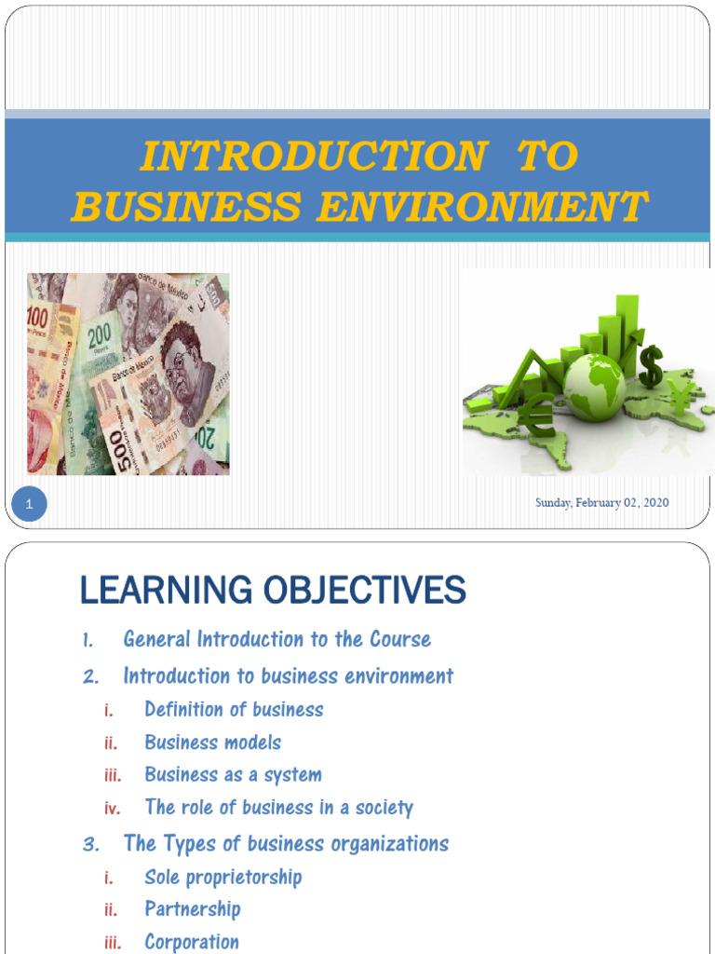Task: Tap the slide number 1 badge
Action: click(x=29, y=505)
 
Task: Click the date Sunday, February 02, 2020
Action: click(x=601, y=503)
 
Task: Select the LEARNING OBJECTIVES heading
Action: click(x=273, y=590)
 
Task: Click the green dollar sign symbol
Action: click(x=651, y=365)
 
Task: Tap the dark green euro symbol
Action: click(x=537, y=416)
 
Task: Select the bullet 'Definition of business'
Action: click(x=234, y=710)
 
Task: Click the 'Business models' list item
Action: click(x=212, y=743)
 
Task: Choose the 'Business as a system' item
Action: click(x=233, y=775)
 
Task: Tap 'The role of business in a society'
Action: click(x=278, y=808)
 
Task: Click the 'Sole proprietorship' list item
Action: click(x=223, y=877)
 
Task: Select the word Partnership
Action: click(x=192, y=909)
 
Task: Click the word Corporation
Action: click(x=191, y=942)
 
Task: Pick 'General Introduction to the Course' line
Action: click(x=277, y=639)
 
